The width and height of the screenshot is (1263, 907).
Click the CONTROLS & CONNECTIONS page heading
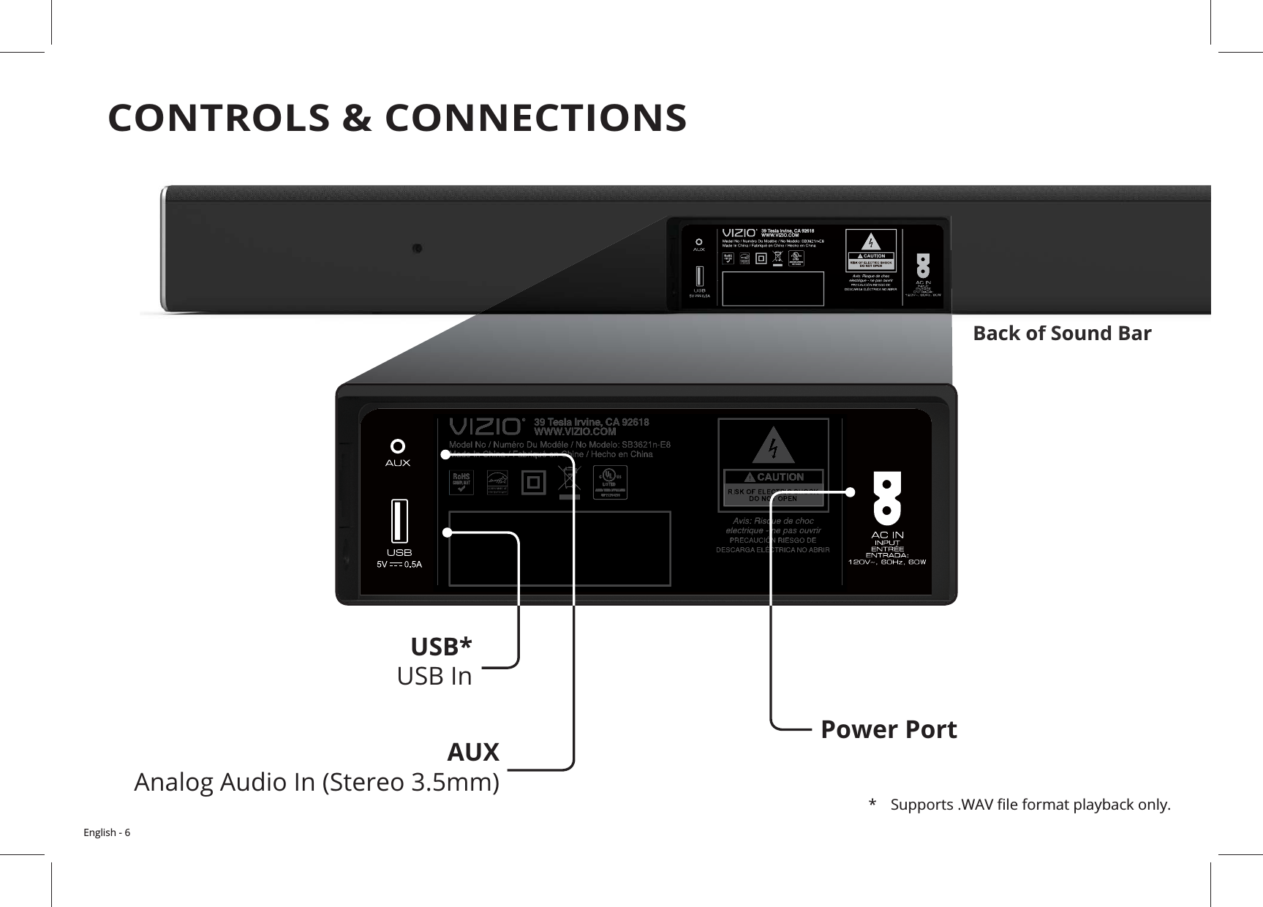(x=397, y=118)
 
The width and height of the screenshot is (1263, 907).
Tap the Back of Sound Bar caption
(x=1061, y=334)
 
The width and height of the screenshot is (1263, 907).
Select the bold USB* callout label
(x=441, y=647)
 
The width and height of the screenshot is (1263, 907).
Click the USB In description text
(x=434, y=677)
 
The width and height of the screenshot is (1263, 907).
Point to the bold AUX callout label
(x=472, y=751)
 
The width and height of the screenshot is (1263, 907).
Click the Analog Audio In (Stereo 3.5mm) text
(x=317, y=783)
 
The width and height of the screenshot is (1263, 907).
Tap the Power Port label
(x=888, y=729)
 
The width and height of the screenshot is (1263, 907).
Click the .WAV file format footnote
(x=1030, y=806)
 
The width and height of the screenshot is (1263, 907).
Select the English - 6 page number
(x=107, y=833)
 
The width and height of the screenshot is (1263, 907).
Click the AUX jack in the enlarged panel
(x=398, y=446)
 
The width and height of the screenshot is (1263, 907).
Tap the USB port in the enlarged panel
(x=399, y=521)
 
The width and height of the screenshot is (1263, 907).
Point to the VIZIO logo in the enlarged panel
(x=486, y=426)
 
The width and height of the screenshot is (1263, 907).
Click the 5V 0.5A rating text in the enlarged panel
(x=399, y=564)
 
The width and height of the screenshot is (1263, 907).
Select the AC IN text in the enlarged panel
(x=887, y=535)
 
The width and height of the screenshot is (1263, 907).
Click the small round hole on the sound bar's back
(x=416, y=249)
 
